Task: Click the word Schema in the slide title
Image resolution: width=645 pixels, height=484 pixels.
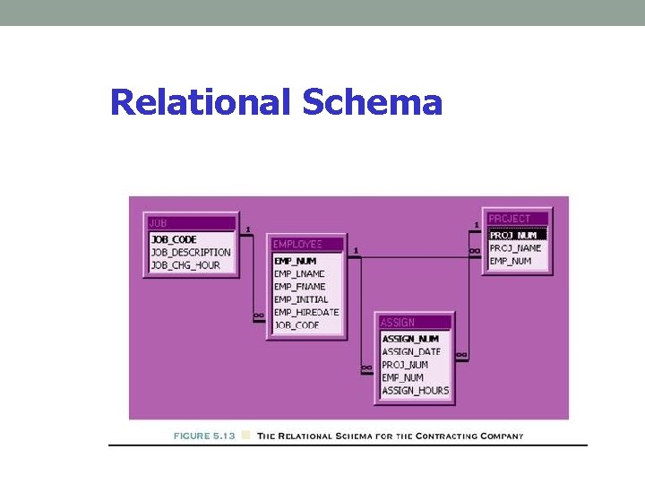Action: click(373, 103)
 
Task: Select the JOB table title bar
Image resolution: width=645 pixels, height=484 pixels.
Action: click(192, 222)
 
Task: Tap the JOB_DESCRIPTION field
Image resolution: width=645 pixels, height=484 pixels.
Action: click(191, 253)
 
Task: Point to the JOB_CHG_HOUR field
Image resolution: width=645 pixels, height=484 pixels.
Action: click(185, 265)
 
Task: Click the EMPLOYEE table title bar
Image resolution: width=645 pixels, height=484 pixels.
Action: click(307, 244)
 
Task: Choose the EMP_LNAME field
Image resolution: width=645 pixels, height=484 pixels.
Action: click(299, 273)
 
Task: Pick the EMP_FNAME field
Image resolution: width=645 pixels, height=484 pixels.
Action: click(300, 286)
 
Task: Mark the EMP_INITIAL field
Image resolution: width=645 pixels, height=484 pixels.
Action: click(301, 299)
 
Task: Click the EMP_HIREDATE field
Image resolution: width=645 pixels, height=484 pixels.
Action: click(306, 312)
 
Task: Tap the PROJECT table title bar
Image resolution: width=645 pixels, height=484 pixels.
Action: click(517, 219)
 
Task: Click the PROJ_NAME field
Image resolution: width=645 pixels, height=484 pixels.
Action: click(515, 248)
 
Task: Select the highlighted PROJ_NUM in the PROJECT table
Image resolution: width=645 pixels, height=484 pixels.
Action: click(513, 236)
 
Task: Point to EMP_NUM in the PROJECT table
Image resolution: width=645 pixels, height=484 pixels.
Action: click(510, 261)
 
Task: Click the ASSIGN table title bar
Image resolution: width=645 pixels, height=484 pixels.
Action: click(414, 323)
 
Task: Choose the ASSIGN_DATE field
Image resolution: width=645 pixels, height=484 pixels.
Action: click(411, 352)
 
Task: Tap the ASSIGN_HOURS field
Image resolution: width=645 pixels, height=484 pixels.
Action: click(415, 391)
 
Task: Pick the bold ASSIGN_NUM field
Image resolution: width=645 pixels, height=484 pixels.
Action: click(410, 339)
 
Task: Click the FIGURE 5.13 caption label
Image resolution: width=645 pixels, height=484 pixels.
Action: click(204, 436)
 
